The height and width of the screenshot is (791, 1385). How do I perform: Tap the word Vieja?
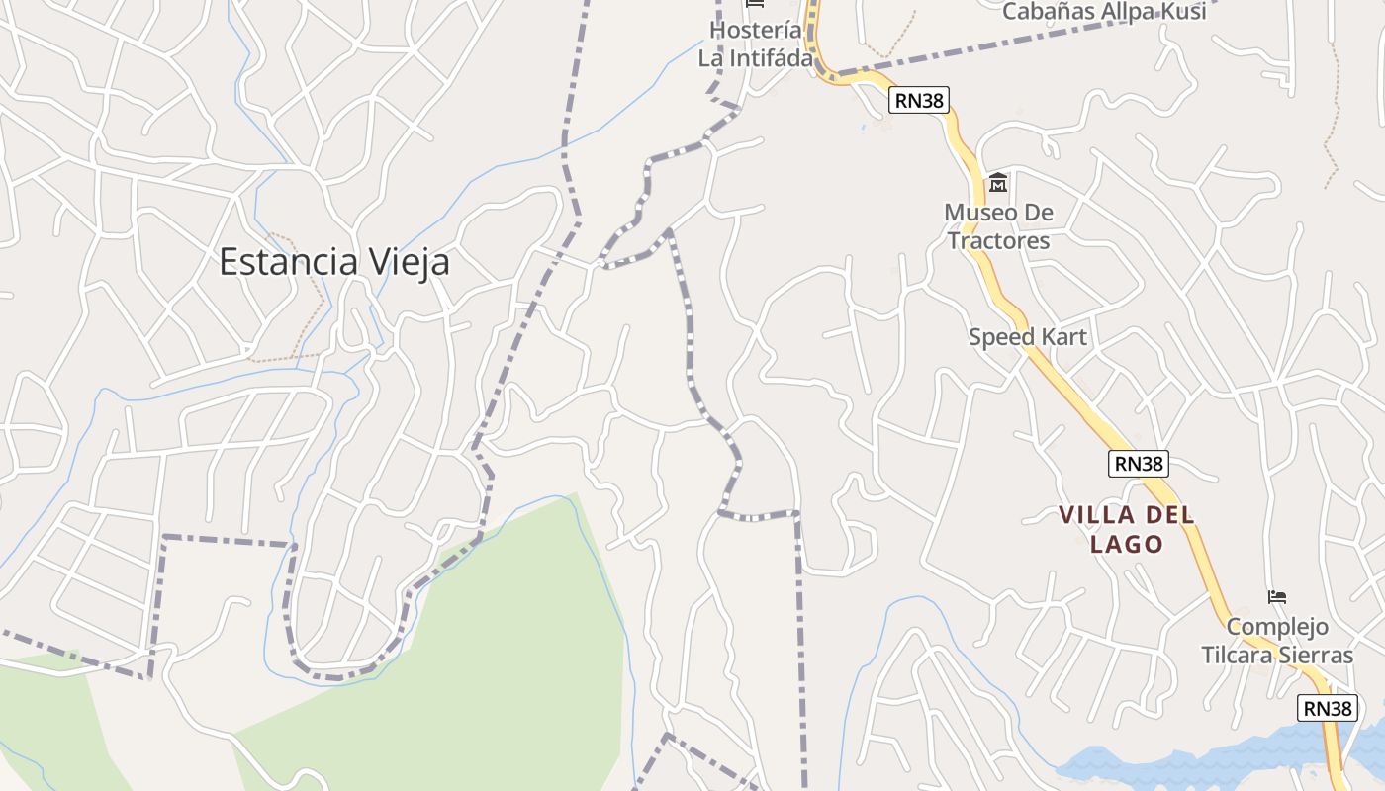[409, 262]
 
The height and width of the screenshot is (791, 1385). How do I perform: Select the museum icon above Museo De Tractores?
[997, 184]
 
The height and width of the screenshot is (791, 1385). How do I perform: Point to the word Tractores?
[998, 240]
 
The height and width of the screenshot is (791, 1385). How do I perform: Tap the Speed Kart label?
[1027, 337]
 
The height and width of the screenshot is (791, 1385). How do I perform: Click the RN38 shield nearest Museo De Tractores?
[919, 99]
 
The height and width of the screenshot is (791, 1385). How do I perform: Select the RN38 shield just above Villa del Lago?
[1138, 463]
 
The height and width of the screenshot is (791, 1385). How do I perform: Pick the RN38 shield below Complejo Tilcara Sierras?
[1327, 708]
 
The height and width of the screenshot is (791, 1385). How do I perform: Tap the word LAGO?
[1126, 545]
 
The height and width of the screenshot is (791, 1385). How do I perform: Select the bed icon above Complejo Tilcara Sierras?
[1277, 597]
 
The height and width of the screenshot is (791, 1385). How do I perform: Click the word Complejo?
[1277, 627]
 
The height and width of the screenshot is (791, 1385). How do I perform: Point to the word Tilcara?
[1236, 655]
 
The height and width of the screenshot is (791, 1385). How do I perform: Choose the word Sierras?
[1315, 655]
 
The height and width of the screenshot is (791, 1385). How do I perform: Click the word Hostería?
[755, 31]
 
